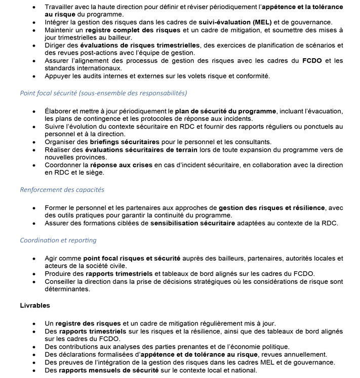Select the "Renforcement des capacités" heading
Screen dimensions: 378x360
coord(62,190)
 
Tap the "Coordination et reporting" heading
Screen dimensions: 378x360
coord(58,240)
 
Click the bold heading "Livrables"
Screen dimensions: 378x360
coord(35,306)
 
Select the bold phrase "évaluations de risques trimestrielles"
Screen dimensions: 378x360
coord(142,45)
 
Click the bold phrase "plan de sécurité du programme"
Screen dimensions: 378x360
coord(225,111)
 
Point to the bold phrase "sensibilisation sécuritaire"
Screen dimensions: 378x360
coord(192,223)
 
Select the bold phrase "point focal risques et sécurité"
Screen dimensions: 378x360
coord(132,258)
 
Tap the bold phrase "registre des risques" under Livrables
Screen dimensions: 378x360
coord(88,323)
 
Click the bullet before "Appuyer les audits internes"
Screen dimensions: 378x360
coord(34,76)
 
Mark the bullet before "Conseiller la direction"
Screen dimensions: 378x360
coord(34,282)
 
